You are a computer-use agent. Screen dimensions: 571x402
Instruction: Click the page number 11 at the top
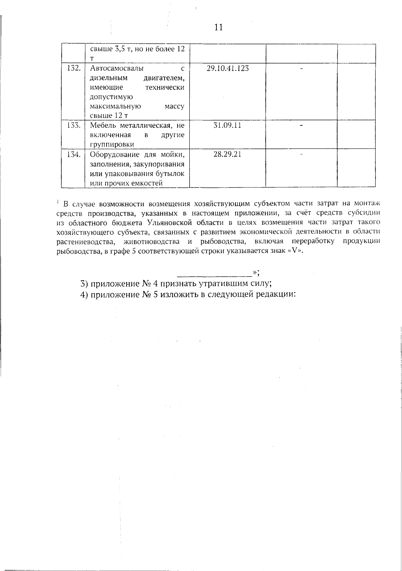(x=218, y=27)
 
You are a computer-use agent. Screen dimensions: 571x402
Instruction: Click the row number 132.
(x=73, y=68)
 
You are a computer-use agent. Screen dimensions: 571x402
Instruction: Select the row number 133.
(x=73, y=126)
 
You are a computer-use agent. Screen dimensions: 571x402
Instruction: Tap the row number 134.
(x=73, y=155)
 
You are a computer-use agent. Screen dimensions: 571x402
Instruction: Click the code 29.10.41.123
(x=228, y=68)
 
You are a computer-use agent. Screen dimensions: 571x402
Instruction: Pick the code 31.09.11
(x=227, y=126)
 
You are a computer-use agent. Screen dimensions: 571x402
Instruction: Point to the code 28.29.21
(x=227, y=155)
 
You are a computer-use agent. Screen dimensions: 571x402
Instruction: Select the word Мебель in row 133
(x=103, y=126)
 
